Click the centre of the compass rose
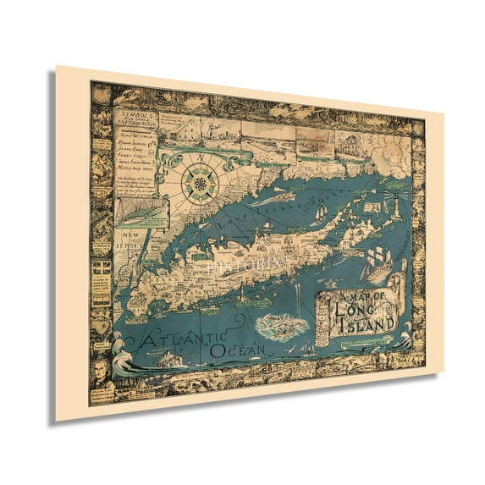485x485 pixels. (201, 183)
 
